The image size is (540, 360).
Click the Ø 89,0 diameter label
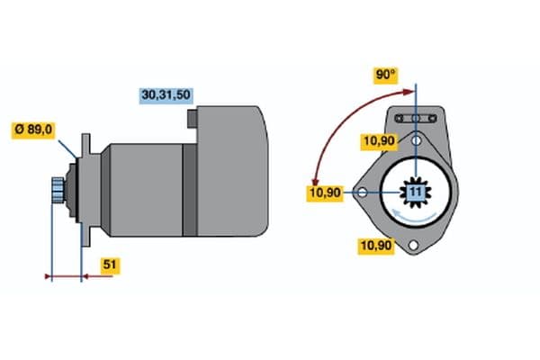pyautogui.click(x=34, y=130)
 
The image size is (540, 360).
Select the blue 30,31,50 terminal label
pyautogui.click(x=167, y=94)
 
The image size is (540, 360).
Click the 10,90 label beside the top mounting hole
pyautogui.click(x=377, y=140)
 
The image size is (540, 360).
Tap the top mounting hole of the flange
pyautogui.click(x=416, y=140)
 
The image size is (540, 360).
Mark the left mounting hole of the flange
pyautogui.click(x=362, y=193)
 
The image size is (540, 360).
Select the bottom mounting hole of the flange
pyautogui.click(x=413, y=246)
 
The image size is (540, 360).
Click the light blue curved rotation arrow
pyautogui.click(x=415, y=217)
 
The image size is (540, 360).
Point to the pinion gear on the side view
pyautogui.click(x=58, y=190)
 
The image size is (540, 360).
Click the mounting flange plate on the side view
pyautogui.click(x=85, y=190)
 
